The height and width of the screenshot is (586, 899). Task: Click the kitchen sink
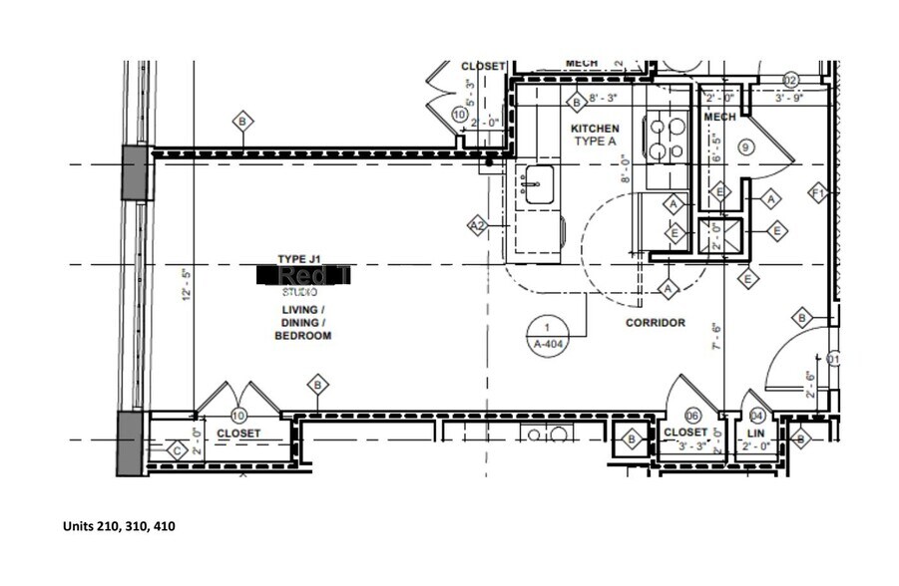[x=539, y=184]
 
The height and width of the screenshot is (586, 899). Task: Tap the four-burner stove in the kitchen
[x=666, y=139]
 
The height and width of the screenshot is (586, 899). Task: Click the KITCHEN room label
[x=595, y=129]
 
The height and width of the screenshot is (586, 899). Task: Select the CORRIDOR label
[x=655, y=323]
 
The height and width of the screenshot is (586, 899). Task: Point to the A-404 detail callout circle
[x=547, y=335]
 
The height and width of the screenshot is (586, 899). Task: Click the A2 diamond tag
[x=479, y=227]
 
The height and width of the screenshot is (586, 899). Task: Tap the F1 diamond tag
[x=818, y=192]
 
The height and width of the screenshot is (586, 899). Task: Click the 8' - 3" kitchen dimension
[x=605, y=99]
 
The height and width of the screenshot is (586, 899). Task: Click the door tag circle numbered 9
[x=744, y=146]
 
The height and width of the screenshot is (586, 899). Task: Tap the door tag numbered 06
[x=692, y=416]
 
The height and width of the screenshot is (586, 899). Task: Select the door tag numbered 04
[x=756, y=416]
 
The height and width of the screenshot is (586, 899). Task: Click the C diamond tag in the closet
[x=177, y=449]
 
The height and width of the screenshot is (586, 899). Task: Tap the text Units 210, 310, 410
[x=119, y=526]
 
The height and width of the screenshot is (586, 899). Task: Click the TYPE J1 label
[x=299, y=259]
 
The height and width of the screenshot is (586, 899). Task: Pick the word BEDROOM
[x=303, y=336]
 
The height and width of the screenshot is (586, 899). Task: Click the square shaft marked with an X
[x=718, y=237]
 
